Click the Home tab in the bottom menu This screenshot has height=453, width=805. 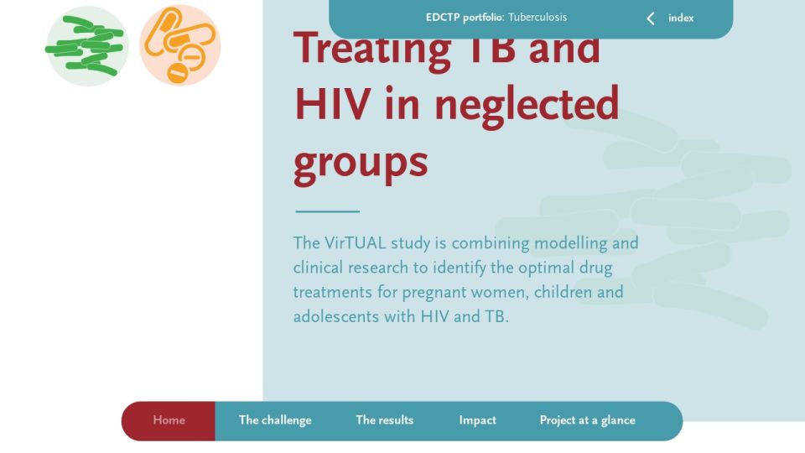[x=169, y=420]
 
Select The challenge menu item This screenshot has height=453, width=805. [x=275, y=420]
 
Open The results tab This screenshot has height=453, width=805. [x=385, y=420]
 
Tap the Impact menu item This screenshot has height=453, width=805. [x=477, y=420]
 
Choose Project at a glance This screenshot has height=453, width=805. [x=587, y=420]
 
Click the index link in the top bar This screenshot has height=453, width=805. [x=681, y=18]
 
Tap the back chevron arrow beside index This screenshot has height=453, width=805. [x=651, y=18]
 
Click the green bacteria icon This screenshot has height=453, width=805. [x=86, y=45]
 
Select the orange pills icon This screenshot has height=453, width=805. [x=179, y=45]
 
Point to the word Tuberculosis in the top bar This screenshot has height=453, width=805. [x=538, y=18]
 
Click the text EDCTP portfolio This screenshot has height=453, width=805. [x=465, y=18]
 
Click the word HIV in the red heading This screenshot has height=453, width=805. [x=332, y=104]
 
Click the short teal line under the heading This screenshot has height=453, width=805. [x=328, y=211]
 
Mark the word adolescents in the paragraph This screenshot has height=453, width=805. [x=335, y=316]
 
